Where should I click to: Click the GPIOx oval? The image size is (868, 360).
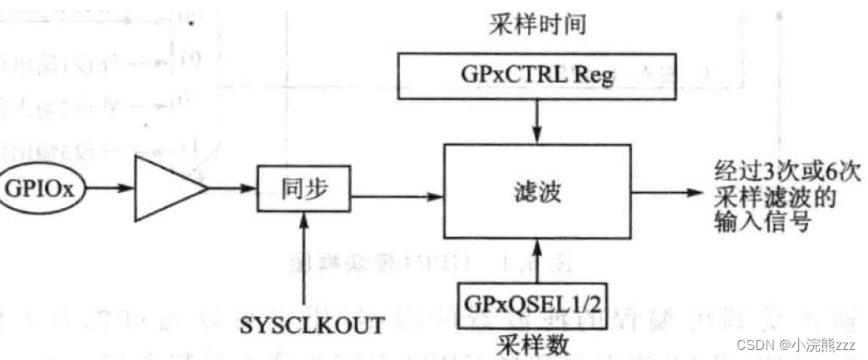coord(41,190)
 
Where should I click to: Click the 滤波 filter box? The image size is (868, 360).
coord(535,194)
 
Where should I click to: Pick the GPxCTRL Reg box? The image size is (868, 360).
coord(535,77)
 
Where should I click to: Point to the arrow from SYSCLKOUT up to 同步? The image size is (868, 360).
coord(307,258)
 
